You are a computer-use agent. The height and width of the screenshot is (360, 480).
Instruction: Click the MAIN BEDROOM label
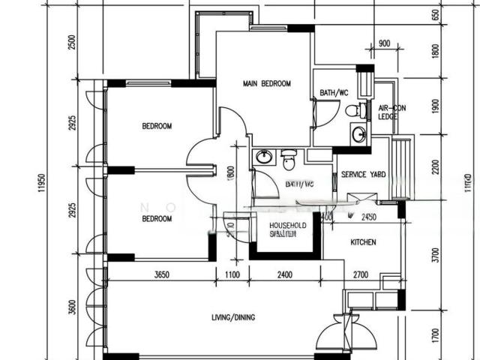click(x=266, y=84)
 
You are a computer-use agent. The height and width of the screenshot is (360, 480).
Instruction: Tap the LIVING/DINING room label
click(x=232, y=317)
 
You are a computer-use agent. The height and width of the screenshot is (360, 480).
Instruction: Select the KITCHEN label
click(x=363, y=242)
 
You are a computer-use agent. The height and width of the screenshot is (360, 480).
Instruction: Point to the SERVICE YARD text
click(x=363, y=175)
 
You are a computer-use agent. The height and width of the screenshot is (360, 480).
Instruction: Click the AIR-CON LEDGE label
click(x=388, y=112)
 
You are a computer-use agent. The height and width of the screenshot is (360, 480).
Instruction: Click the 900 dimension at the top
click(x=384, y=43)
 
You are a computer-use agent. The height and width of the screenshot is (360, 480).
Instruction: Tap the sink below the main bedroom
click(x=264, y=157)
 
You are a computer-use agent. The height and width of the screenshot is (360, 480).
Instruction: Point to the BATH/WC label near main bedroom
click(x=334, y=93)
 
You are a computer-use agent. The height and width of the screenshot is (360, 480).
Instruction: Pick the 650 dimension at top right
click(x=436, y=16)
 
